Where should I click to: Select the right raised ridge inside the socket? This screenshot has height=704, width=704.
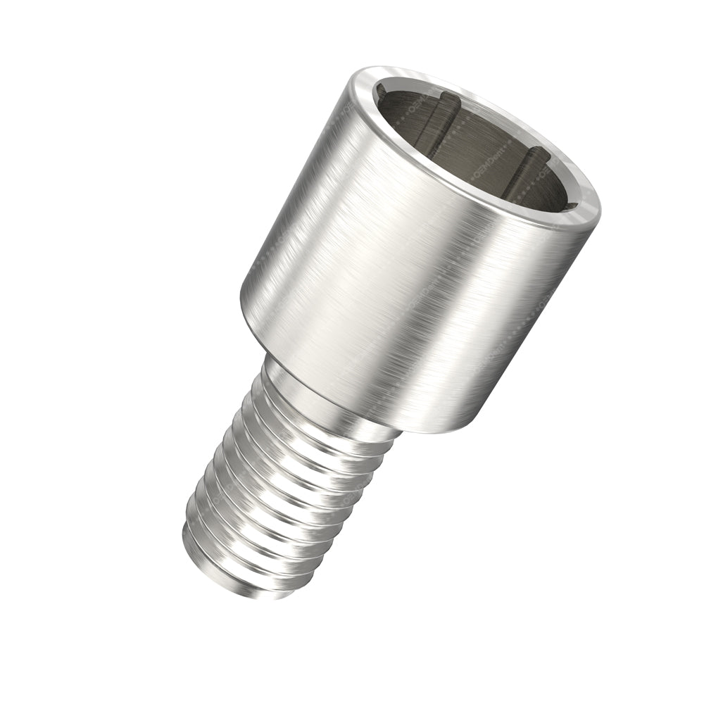tap(524, 169)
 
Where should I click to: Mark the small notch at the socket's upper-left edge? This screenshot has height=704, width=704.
tap(381, 92)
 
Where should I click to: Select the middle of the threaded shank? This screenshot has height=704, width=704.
tap(282, 493)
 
